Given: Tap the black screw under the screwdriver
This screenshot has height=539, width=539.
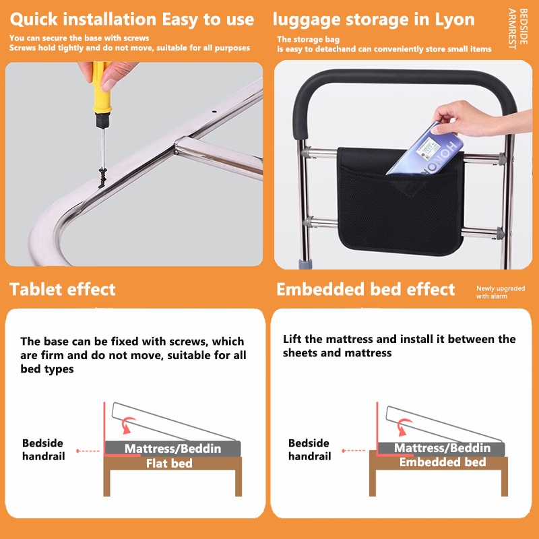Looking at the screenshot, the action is pos(102,177).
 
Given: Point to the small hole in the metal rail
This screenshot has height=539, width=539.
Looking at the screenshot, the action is pos(214,112).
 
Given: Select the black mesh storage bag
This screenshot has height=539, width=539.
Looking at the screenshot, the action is pos(401,201).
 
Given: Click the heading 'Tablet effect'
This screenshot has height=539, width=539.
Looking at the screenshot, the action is pos(63,289).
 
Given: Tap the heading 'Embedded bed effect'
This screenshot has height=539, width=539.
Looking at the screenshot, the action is pos(366,289).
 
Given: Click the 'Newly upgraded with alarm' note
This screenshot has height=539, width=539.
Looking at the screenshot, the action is pos(501,292).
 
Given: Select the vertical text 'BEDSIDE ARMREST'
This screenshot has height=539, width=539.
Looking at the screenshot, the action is pos(517,29).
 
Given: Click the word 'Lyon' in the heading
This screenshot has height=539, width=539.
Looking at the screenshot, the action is pos(455,20).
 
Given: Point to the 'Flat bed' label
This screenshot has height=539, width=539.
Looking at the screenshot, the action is pos(169,464).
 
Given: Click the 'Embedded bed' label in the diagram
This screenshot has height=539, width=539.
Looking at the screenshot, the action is pos(443,462).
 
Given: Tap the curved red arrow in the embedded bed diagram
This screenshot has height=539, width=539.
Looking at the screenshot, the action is pos(403,426).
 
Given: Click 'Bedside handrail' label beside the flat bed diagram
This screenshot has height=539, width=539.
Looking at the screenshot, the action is pos(43,449).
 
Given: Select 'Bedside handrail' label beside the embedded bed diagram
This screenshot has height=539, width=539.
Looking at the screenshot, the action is pos(309,449).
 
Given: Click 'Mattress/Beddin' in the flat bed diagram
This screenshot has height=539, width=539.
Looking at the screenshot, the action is pos(172,449).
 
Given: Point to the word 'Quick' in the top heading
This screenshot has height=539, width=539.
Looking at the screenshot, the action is pos(34,20).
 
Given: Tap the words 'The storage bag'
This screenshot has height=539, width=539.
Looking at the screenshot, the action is pos(309,40).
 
